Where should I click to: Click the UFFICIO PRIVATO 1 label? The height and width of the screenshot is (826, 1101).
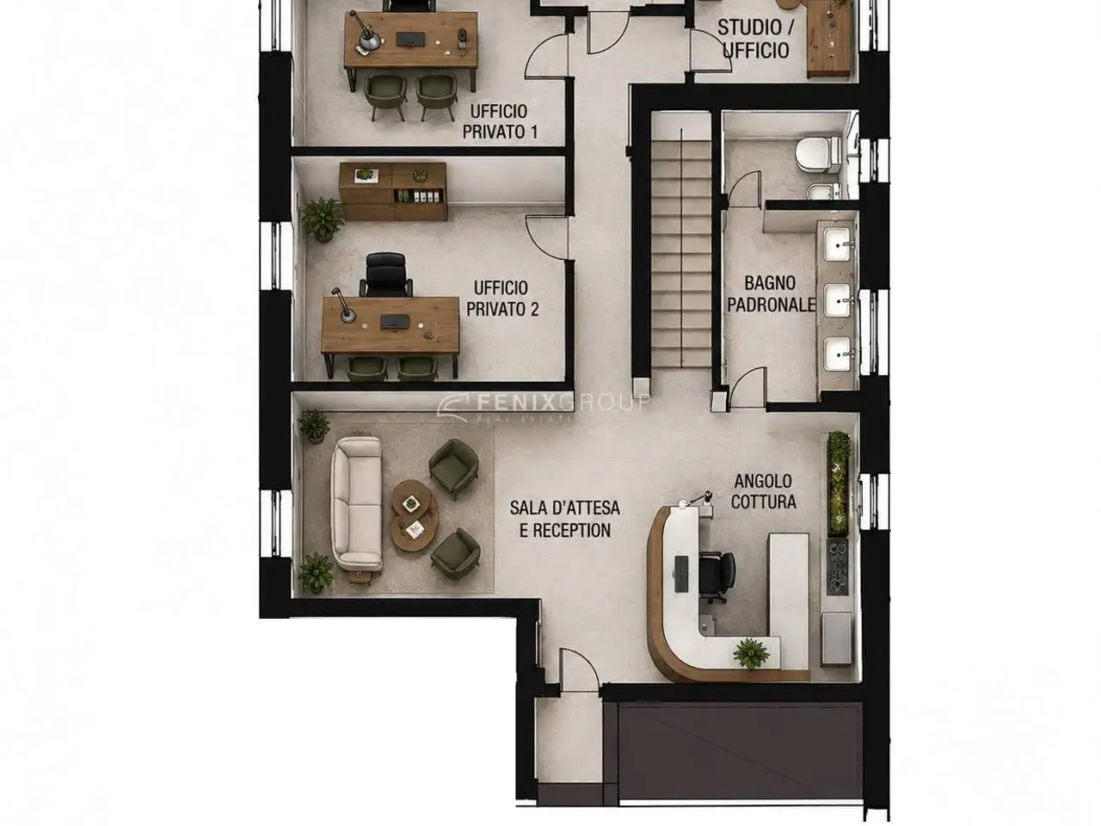(x=500, y=122)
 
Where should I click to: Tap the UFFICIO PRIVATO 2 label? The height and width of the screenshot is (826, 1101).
(x=502, y=299)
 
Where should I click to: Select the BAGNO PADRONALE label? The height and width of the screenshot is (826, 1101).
(x=771, y=294)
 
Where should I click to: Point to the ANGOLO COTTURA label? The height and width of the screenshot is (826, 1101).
(x=763, y=491)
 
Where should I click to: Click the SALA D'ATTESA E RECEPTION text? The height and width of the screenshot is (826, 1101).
(x=565, y=519)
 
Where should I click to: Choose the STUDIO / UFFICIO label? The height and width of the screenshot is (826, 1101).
(x=755, y=39)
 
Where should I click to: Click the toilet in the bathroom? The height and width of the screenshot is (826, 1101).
(x=819, y=154)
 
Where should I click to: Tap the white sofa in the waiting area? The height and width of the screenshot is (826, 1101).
(x=357, y=503)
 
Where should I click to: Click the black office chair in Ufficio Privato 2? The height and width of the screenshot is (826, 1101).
(x=385, y=274)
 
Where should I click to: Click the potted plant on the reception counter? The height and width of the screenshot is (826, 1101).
(x=750, y=653)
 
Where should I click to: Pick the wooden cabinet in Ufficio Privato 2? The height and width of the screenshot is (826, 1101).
(x=393, y=192)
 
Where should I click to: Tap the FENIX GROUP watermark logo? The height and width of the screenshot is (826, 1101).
(x=544, y=405)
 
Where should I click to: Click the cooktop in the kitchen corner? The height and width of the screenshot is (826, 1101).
(x=837, y=566)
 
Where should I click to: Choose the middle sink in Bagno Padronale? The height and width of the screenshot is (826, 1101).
(x=838, y=300)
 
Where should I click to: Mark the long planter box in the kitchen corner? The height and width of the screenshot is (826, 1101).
(x=839, y=483)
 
